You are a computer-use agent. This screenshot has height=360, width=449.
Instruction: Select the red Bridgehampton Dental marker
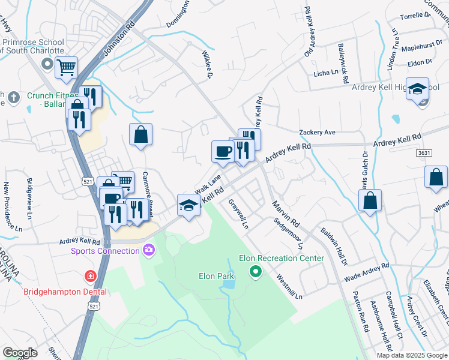(89, 277)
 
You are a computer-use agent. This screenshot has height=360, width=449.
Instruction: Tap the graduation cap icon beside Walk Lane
(188, 206)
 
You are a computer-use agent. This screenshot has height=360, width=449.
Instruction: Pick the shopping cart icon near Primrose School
(67, 67)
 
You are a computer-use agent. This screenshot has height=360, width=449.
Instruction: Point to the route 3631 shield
(424, 153)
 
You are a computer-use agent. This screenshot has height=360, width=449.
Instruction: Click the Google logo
(20, 352)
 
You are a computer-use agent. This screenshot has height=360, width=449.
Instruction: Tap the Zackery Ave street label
(317, 132)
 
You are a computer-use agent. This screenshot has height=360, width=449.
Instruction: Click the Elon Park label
(215, 277)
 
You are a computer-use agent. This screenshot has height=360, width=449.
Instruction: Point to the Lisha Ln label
(326, 73)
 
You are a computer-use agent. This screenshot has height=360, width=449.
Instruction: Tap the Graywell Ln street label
(238, 214)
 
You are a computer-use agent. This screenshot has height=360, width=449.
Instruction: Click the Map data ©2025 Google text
(411, 355)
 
